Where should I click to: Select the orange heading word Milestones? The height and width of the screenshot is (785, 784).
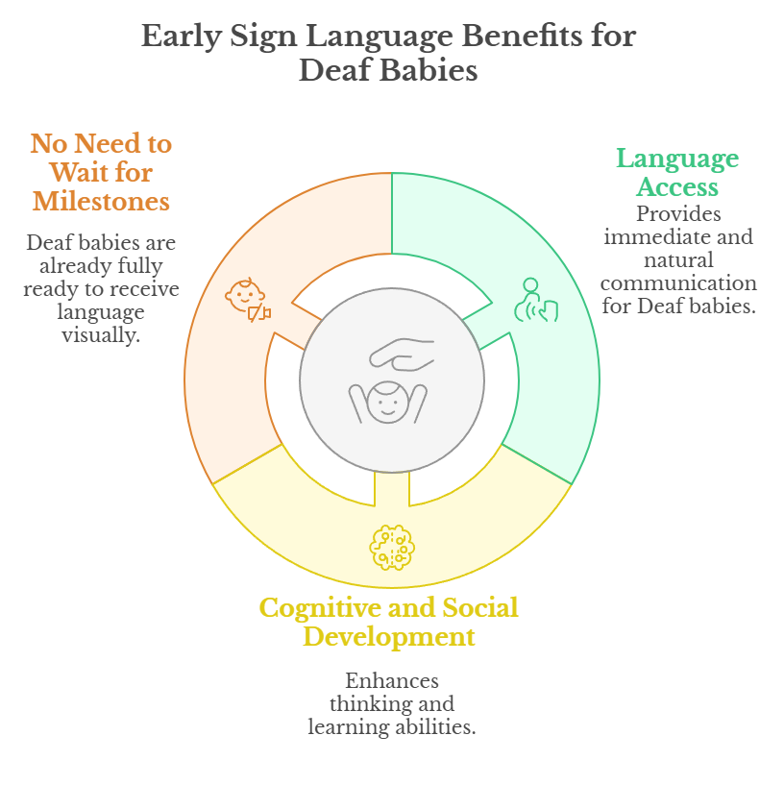(101, 201)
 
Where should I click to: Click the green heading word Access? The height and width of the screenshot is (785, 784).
(676, 186)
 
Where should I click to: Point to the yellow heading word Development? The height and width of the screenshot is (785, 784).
(389, 636)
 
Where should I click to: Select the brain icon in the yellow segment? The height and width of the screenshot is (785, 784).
(392, 548)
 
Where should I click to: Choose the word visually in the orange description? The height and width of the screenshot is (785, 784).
(101, 333)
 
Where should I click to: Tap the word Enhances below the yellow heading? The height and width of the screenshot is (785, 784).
(392, 681)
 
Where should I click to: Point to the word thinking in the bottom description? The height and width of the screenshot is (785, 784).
(369, 704)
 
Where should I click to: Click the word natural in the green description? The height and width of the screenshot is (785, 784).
(677, 259)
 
